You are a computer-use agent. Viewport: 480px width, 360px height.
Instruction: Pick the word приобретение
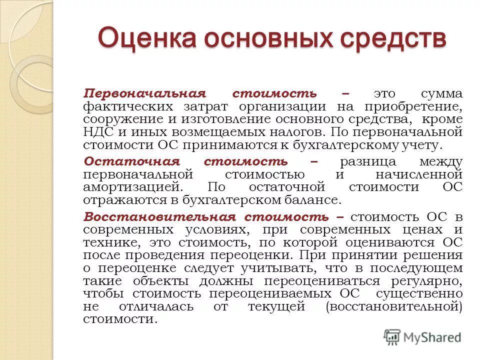(x=419, y=106)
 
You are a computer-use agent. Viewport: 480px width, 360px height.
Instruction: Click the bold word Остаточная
(x=124, y=161)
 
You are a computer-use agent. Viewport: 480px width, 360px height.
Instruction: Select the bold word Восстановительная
(x=159, y=216)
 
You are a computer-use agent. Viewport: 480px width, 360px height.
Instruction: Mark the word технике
(x=106, y=242)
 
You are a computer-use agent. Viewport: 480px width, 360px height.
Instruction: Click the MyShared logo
(x=422, y=337)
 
